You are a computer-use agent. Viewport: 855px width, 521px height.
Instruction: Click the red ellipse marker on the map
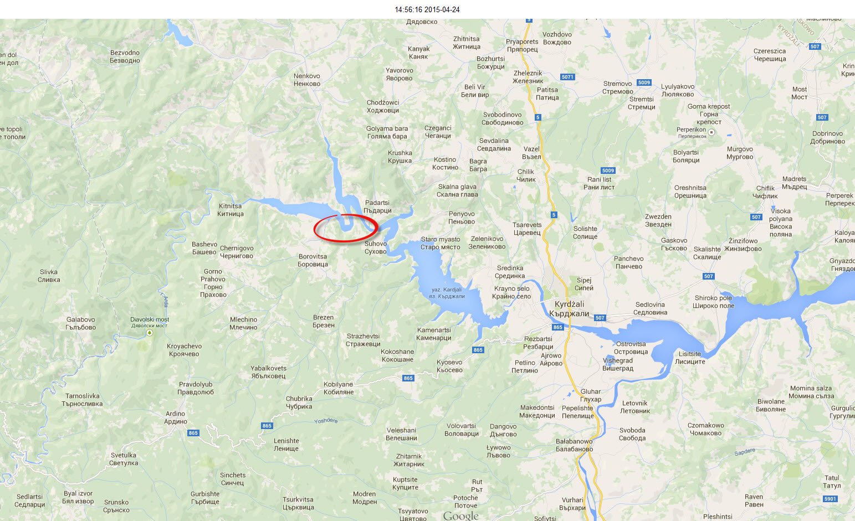click(x=346, y=228)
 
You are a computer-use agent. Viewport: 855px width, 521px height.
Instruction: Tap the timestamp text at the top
click(x=427, y=9)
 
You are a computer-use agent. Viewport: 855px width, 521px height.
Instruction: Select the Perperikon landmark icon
click(x=712, y=132)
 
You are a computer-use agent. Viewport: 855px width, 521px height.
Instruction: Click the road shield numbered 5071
click(x=567, y=77)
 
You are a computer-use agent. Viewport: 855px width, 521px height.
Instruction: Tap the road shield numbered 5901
click(x=830, y=499)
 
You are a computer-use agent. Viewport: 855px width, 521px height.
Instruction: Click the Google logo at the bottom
click(x=460, y=515)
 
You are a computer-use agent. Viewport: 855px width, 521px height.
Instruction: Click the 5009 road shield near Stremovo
click(x=644, y=82)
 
